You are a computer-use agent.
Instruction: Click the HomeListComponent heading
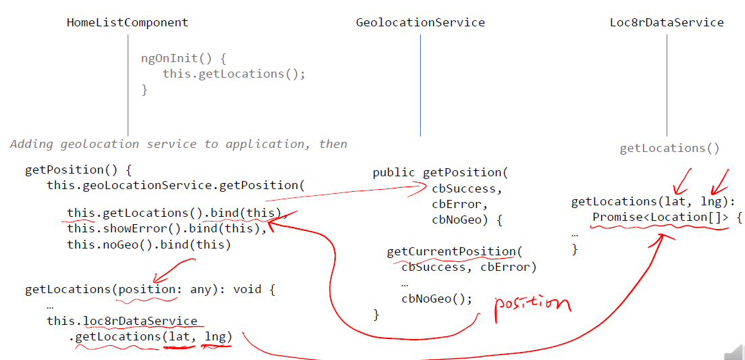pyautogui.click(x=127, y=22)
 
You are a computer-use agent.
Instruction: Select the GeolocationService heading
pyautogui.click(x=420, y=22)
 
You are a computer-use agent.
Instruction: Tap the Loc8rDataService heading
pyautogui.click(x=667, y=22)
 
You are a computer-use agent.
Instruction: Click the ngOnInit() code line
pyautogui.click(x=178, y=58)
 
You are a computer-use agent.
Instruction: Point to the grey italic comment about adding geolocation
pyautogui.click(x=178, y=144)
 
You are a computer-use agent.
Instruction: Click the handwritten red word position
pyautogui.click(x=532, y=304)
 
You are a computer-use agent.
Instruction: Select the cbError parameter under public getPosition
pyautogui.click(x=459, y=204)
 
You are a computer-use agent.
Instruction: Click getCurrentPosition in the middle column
pyautogui.click(x=451, y=252)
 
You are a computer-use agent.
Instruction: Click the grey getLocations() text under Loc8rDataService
pyautogui.click(x=669, y=149)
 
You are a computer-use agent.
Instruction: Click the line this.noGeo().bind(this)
pyautogui.click(x=149, y=245)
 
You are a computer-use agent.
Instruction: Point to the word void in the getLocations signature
pyautogui.click(x=247, y=290)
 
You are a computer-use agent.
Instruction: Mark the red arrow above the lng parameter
pyautogui.click(x=719, y=179)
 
